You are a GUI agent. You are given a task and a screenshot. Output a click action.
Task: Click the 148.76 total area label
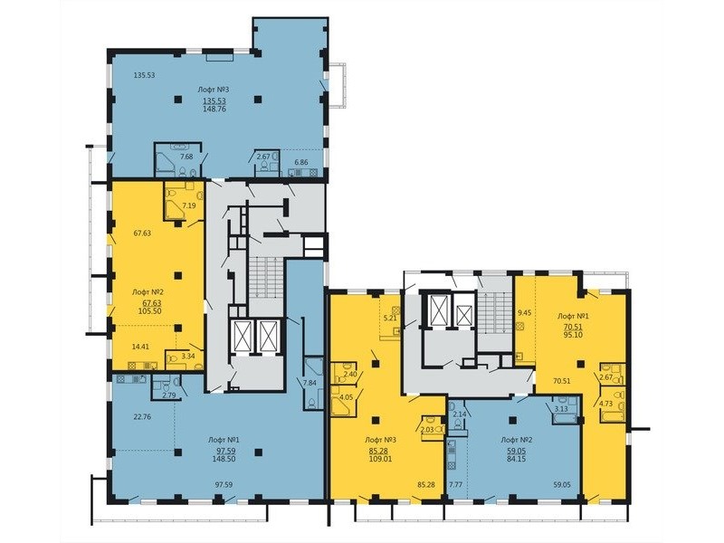pos(214,109)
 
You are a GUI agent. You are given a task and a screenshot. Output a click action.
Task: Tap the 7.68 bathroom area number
pos(186,157)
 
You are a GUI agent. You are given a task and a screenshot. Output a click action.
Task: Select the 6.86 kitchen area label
pos(301,162)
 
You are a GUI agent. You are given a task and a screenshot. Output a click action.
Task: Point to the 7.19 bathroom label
pos(188,205)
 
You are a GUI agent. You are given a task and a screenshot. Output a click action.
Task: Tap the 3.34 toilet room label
pos(188,356)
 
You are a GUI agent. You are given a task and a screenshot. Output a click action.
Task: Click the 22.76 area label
pos(142,416)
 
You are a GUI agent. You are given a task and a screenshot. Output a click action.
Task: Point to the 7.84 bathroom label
pos(309,382)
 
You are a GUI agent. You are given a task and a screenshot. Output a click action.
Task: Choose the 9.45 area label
pos(525,312)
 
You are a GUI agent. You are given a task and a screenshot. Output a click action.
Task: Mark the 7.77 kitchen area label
pos(456,485)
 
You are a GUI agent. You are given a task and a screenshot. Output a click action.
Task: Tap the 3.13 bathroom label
pos(561,408)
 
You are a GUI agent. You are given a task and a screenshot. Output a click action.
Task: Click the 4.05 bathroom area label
pos(346,396)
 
